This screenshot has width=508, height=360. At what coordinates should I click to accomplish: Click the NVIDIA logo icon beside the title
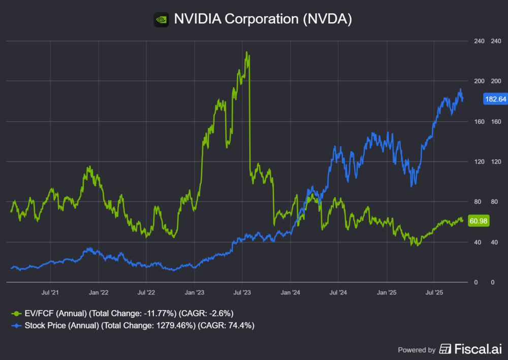click(x=161, y=19)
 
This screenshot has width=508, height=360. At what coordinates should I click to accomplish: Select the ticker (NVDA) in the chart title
click(x=326, y=19)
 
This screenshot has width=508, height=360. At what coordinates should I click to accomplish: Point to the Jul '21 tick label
click(x=50, y=292)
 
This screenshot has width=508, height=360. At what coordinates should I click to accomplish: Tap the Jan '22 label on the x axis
click(x=98, y=292)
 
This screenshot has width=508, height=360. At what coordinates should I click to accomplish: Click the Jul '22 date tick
click(x=146, y=292)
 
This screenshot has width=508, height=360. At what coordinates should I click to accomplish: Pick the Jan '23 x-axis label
click(x=194, y=292)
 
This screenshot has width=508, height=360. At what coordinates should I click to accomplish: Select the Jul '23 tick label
click(x=242, y=292)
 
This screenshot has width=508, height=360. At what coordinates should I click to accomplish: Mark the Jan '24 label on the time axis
click(x=290, y=292)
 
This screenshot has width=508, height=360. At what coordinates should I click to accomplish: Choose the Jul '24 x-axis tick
click(x=338, y=292)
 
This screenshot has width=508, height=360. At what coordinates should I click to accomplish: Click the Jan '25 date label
click(x=387, y=292)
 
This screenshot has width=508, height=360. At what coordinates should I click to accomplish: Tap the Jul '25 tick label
click(x=434, y=292)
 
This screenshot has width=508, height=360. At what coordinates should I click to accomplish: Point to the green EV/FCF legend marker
click(x=17, y=313)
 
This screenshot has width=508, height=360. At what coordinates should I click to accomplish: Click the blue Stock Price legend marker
click(x=17, y=325)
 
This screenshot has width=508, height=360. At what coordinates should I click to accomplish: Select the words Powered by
click(x=417, y=350)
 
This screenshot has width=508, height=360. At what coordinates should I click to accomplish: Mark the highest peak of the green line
click(x=247, y=52)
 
